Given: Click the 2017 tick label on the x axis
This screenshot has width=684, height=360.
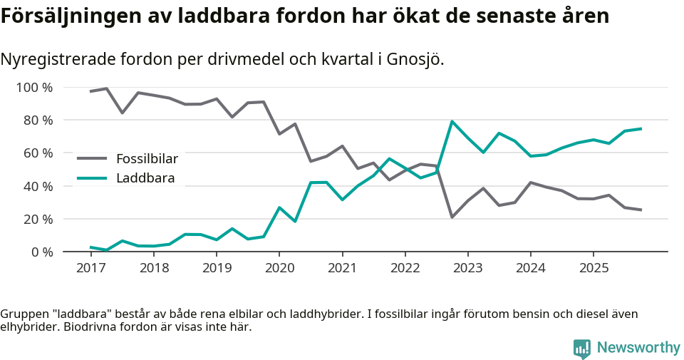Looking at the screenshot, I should point(90,268).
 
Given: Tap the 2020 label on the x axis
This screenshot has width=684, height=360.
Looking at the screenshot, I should point(279,268).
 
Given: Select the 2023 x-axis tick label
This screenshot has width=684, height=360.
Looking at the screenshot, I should point(467,268).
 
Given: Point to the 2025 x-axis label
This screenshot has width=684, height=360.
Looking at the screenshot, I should point(593,268).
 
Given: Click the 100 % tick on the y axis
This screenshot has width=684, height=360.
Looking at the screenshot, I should point(34,88).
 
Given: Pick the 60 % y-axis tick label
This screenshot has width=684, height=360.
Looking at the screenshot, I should point(38,153).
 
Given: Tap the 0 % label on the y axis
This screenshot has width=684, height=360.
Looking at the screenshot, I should point(41,252).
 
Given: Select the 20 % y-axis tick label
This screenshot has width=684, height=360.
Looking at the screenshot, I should point(38,219).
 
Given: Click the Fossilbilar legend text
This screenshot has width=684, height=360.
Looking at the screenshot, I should point(147,158).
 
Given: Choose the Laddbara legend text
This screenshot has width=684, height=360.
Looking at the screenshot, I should point(145,178).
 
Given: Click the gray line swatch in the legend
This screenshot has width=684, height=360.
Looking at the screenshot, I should point(92,158).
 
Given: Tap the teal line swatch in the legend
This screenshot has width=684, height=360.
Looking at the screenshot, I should point(92,178).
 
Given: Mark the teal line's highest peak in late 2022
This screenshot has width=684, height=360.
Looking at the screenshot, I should point(452,121).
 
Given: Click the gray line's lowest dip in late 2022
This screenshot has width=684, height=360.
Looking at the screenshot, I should point(452,217).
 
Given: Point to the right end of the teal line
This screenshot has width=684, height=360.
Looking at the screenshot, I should point(641,129).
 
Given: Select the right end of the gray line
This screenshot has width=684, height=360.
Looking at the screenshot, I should point(641,210).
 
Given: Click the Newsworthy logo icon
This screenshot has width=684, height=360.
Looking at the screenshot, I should point(581,349).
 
